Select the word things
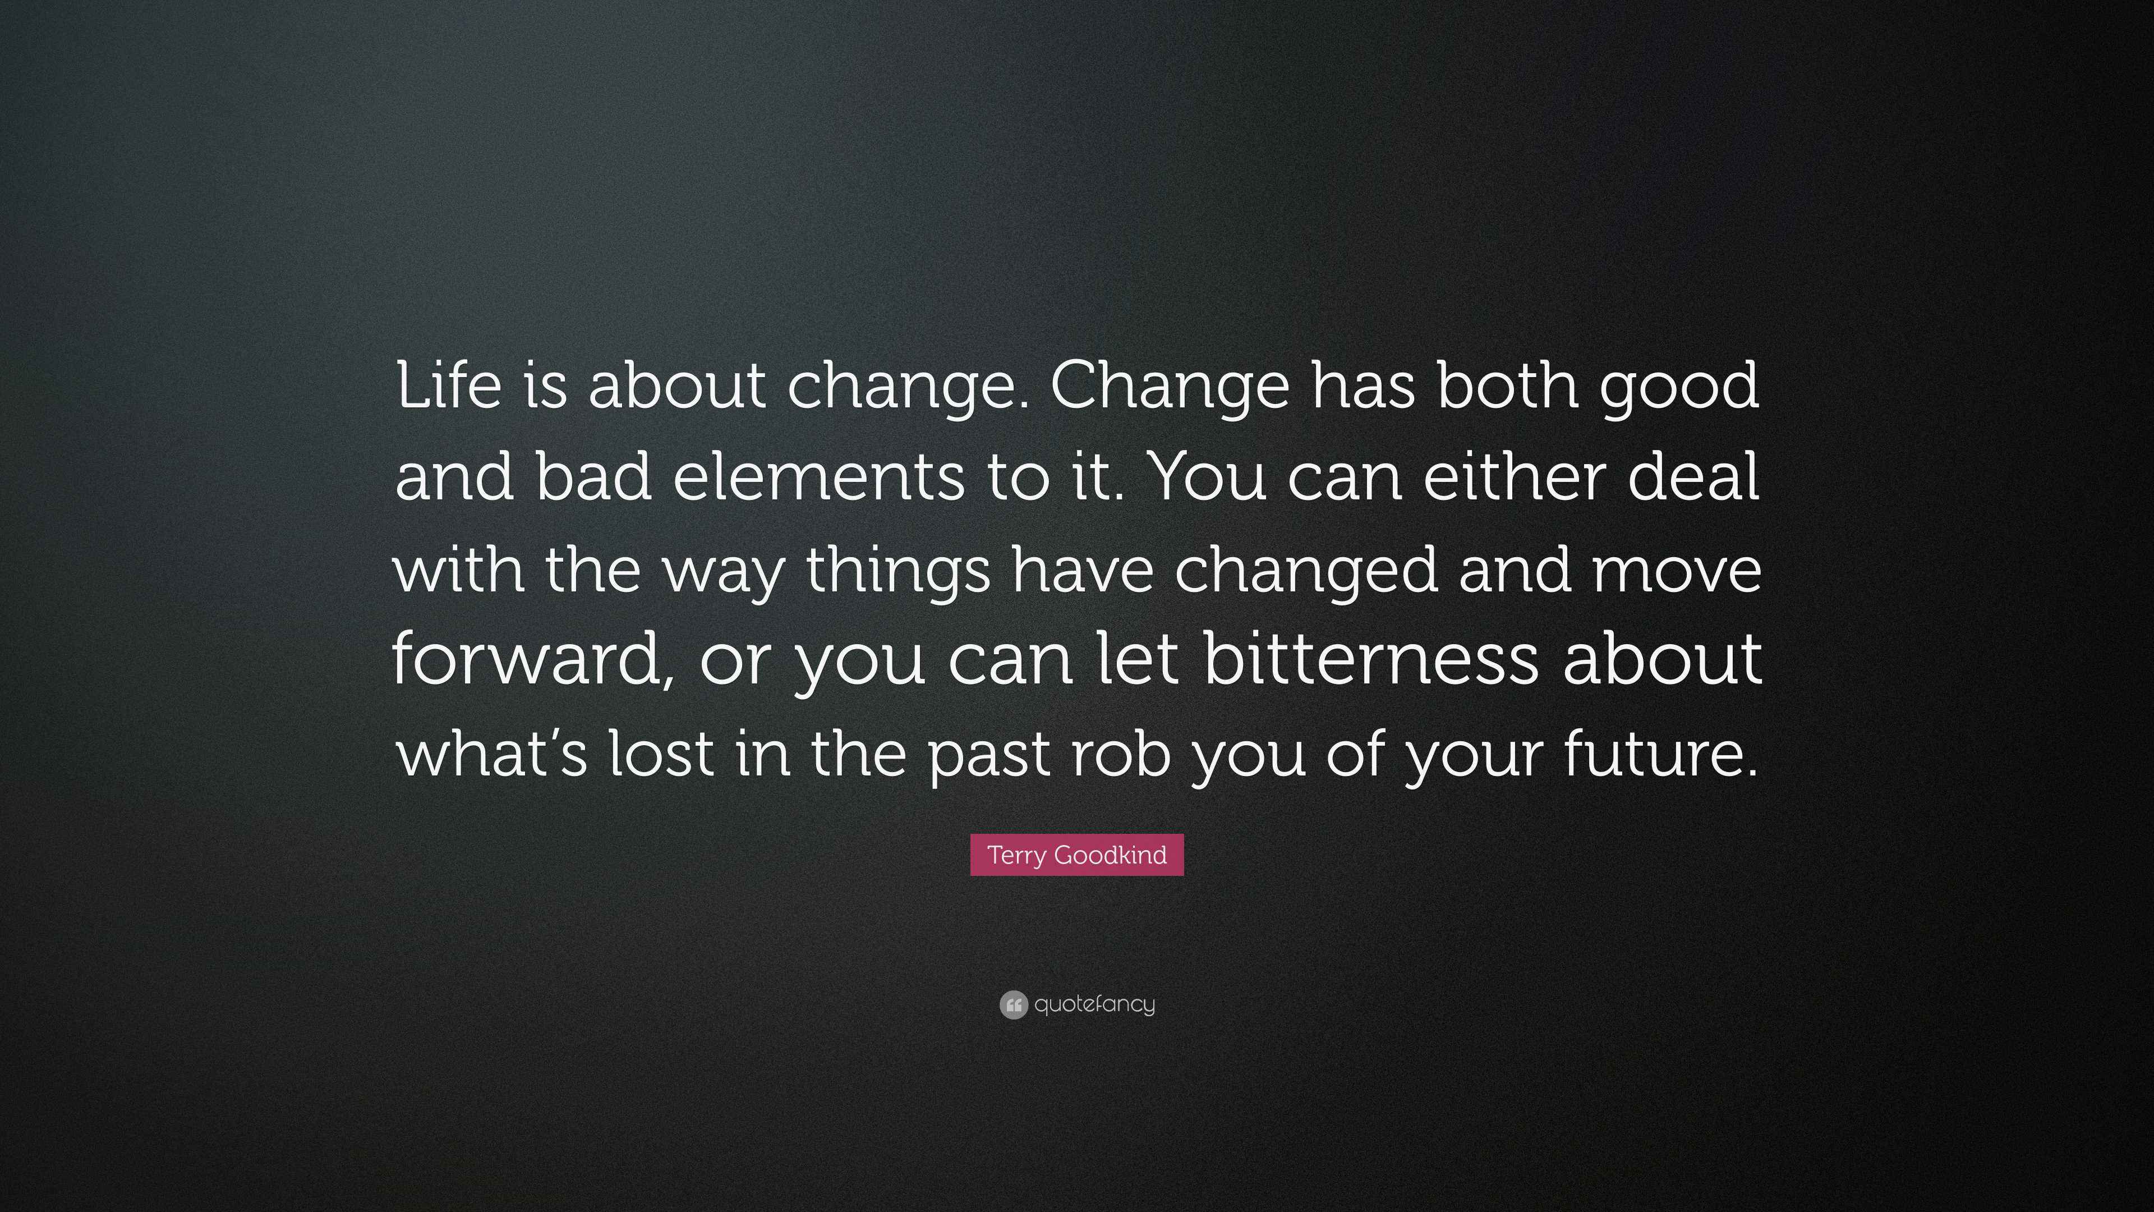click(899, 571)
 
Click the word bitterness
click(1371, 659)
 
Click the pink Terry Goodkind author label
click(1077, 855)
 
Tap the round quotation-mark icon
click(1012, 1004)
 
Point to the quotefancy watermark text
click(1094, 1004)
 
